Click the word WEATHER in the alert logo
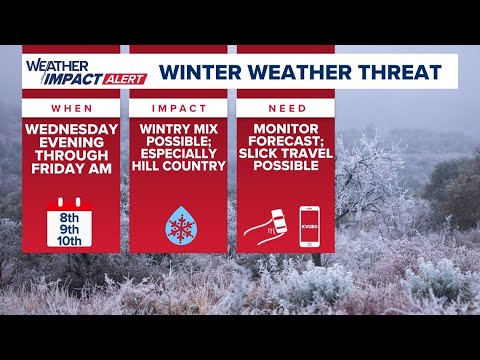(x=49, y=64)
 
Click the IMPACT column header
(x=178, y=107)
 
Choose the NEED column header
(x=285, y=107)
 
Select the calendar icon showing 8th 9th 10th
(x=70, y=221)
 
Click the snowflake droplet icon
(x=179, y=225)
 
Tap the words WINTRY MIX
(x=178, y=130)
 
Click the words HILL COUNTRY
(x=178, y=165)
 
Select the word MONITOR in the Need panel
(x=285, y=130)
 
